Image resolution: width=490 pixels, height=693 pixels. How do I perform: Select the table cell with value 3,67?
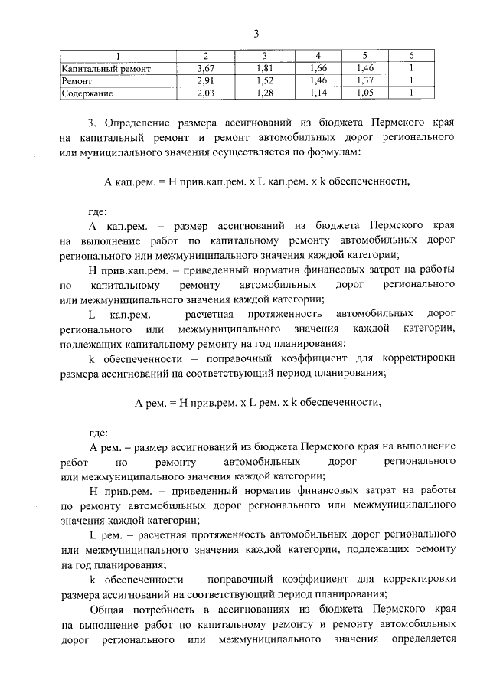coord(204,69)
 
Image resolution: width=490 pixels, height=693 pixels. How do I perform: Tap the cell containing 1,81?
coord(263,69)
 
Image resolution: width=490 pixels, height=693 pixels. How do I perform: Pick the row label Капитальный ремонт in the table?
coord(106,69)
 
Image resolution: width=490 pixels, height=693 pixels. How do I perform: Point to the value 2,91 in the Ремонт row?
coord(204,81)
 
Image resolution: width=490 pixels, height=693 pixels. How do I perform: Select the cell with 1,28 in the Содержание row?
coord(263,93)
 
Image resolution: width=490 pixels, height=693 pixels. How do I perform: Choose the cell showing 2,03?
coord(204,93)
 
